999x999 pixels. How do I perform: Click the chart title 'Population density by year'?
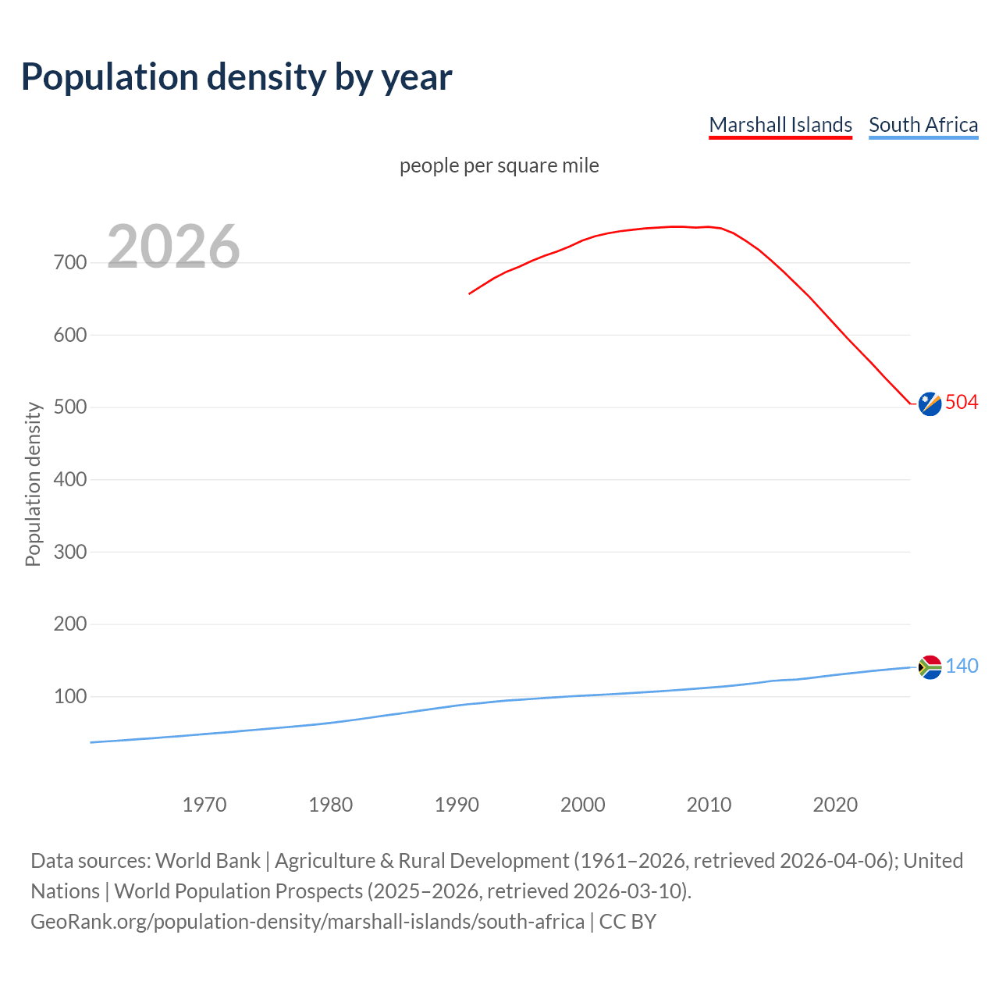(236, 76)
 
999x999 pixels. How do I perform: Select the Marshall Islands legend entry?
(780, 125)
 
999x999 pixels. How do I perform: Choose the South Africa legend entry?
(923, 125)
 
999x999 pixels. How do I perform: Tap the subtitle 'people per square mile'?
(499, 165)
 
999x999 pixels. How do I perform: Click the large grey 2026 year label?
(173, 246)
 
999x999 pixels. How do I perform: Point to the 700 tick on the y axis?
(70, 262)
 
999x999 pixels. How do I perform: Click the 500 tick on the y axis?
(70, 407)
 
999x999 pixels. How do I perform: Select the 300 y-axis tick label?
(70, 552)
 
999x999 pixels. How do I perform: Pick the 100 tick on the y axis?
(70, 696)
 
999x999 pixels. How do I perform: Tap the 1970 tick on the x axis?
(204, 805)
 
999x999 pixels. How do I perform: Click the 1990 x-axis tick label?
(457, 805)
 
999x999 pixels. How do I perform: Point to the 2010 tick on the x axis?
(709, 805)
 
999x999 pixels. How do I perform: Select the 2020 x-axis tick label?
(835, 805)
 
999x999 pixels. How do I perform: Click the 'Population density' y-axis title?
(33, 484)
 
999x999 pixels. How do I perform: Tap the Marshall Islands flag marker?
(930, 404)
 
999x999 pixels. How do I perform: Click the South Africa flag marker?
(930, 667)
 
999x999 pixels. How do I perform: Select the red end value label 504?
(962, 402)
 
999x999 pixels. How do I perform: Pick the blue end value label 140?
(962, 666)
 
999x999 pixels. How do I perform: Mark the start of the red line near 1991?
(470, 293)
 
